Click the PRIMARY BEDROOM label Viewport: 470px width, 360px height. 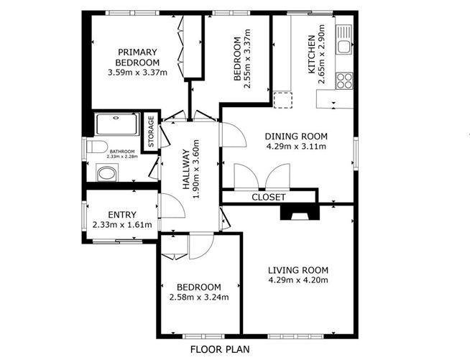137,57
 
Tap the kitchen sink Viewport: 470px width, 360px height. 344,40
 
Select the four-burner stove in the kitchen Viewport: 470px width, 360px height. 344,80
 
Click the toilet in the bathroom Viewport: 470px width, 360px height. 97,147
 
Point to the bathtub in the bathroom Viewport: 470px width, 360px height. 117,124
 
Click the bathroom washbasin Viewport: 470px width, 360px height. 106,173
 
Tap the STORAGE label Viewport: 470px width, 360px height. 152,131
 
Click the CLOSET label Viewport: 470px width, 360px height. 269,197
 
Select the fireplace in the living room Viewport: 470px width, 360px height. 300,213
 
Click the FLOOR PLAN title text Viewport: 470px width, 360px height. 220,349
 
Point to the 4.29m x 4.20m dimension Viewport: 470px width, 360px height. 298,280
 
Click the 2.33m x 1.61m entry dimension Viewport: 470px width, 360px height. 122,225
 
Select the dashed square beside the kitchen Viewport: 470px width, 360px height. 282,100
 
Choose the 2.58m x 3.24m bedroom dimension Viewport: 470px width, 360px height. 199,297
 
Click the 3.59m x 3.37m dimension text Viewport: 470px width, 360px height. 137,73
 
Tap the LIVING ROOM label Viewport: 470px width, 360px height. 298,270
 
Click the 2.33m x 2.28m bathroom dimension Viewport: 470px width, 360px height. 123,157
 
